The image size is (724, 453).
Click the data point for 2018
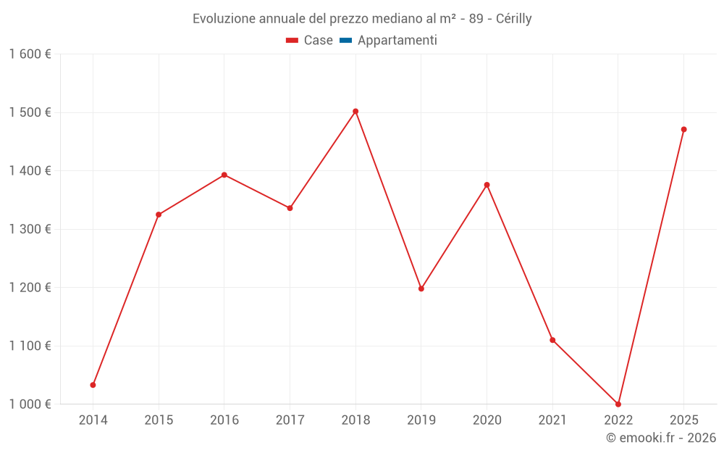point(355,112)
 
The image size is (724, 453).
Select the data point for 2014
point(93,385)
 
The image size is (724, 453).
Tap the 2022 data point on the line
point(618,404)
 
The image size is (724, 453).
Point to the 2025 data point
point(683,130)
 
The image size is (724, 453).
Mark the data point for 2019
point(421,288)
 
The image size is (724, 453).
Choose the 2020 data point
point(487,185)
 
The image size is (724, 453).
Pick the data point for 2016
point(224,175)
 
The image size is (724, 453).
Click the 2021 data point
point(552,340)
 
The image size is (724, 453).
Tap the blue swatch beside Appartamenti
point(345,41)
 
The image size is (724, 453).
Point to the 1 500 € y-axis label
point(30,112)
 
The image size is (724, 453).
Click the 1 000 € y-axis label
point(30,404)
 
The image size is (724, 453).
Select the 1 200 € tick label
point(30,288)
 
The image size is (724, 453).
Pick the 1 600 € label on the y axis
point(30,54)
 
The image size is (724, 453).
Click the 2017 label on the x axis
point(290,420)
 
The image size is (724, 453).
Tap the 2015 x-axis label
point(159,420)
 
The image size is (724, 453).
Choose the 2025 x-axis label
point(683,420)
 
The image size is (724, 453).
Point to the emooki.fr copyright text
point(661,438)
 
